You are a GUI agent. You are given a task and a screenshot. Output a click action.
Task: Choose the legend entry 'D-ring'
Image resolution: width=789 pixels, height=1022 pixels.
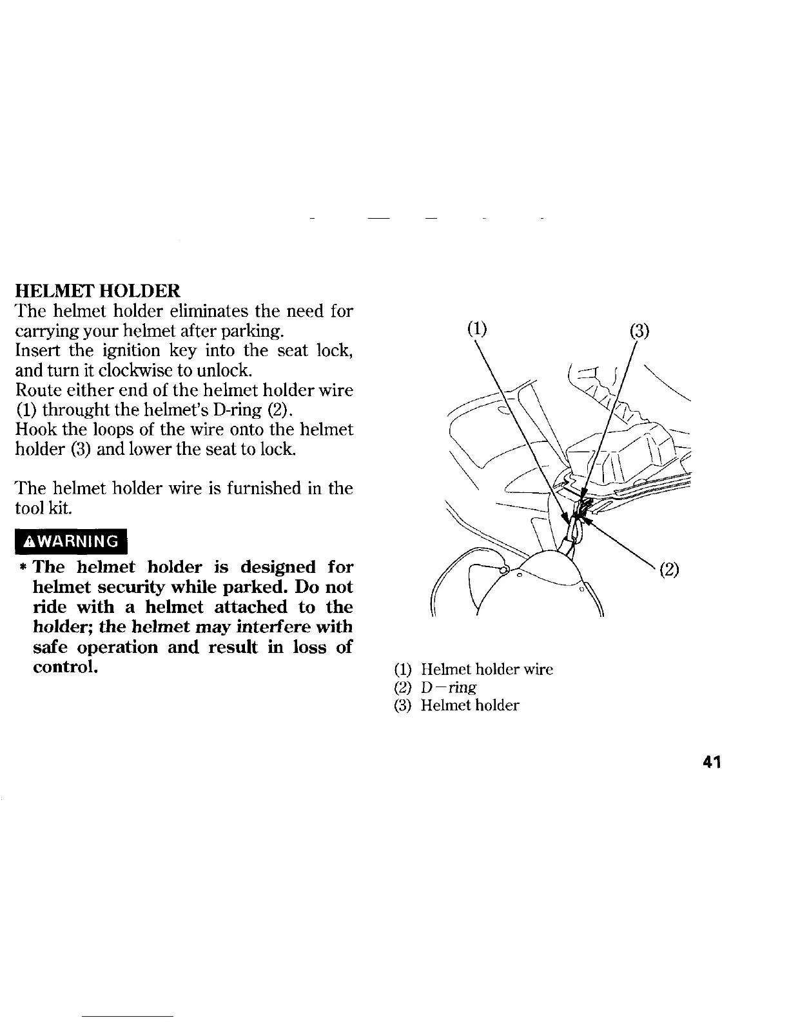tap(449, 687)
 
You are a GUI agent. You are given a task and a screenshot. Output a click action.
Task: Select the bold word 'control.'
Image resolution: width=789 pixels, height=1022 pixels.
tap(66, 666)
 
